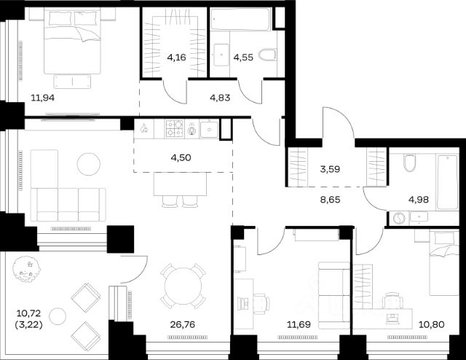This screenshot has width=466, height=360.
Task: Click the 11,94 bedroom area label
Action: coord(43,98)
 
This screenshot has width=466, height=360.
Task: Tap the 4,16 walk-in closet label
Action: coord(176,57)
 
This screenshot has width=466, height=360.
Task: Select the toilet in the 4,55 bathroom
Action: coord(267,55)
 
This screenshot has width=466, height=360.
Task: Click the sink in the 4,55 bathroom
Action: coord(221,55)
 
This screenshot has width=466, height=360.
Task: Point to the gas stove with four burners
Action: coord(175,128)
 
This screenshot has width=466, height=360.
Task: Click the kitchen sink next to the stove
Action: coord(209,129)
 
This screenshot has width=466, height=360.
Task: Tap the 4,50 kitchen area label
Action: coord(181,157)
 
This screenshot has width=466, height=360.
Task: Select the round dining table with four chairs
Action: coord(183,286)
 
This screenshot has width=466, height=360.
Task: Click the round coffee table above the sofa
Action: coord(89,164)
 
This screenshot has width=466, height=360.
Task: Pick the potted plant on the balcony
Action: coord(26,269)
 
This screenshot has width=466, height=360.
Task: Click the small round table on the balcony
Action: coord(58,316)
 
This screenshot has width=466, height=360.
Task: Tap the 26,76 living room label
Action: coord(183,324)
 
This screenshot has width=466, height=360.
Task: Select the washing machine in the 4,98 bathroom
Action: coord(399,219)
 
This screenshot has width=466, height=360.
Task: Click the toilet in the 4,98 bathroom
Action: coord(409,163)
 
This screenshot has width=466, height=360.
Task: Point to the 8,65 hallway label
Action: coord(330,200)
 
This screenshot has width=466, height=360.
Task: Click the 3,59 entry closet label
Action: coord(330,169)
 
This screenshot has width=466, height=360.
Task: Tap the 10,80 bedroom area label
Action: coord(432,324)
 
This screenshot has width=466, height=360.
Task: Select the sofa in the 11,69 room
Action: coord(333,295)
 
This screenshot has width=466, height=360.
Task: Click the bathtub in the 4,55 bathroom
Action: coord(240,20)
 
